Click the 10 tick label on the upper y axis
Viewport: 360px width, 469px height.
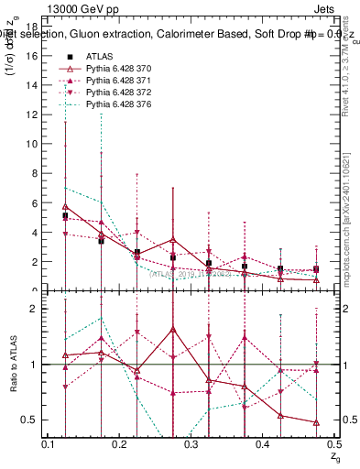click(x=36, y=144)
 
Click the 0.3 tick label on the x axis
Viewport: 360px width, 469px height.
click(x=191, y=444)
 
